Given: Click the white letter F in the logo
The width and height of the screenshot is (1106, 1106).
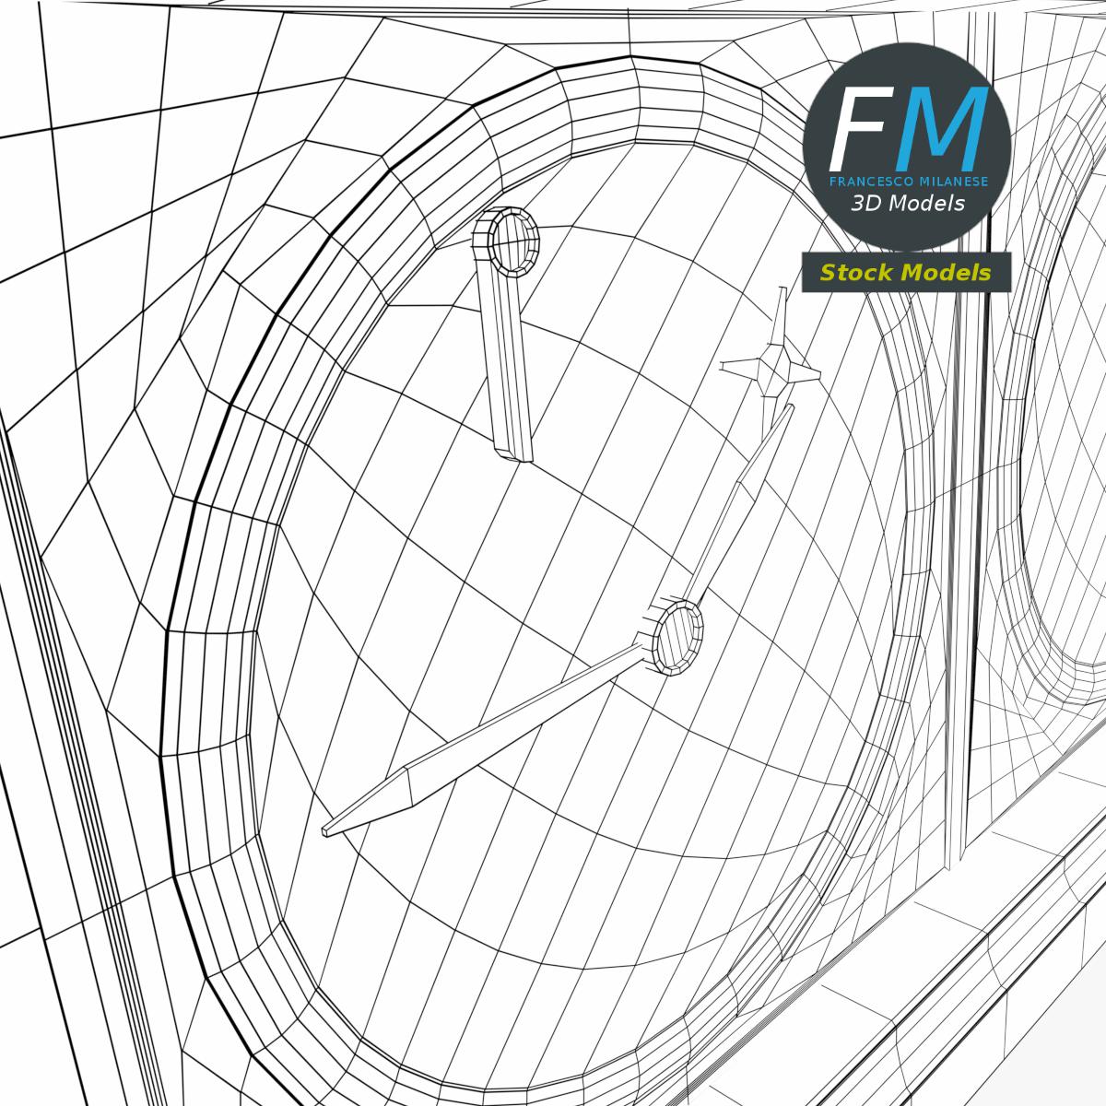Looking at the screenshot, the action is (x=860, y=127).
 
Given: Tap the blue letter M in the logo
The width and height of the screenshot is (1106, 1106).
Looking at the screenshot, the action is (x=941, y=127).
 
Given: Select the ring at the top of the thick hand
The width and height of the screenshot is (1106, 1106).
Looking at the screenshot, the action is (x=507, y=242).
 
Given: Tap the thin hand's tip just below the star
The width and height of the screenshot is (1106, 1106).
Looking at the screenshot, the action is (x=790, y=407).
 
